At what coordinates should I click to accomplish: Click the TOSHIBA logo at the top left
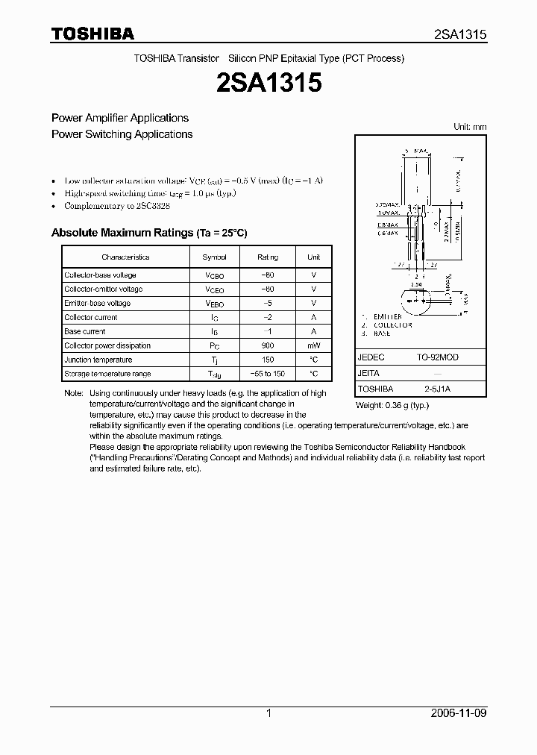point(92,34)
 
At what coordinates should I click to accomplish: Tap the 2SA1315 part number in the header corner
point(460,34)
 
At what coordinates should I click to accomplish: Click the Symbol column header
point(214,257)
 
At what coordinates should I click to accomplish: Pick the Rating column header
point(268,257)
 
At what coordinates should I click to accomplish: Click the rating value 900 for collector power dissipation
point(268,345)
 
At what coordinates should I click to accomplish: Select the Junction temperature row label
point(98,360)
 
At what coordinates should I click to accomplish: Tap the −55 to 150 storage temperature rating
point(268,374)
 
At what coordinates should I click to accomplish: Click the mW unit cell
point(314,345)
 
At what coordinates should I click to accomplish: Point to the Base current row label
point(85,331)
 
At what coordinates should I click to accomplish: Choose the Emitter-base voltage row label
point(98,303)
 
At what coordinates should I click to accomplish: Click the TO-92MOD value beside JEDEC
point(437,357)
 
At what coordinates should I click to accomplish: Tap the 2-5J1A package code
point(437,389)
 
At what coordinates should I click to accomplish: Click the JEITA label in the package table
point(368,373)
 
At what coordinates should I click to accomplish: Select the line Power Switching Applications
point(122,134)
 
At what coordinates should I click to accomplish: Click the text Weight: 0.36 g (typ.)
point(392,405)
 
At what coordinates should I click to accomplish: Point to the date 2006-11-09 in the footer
point(459,713)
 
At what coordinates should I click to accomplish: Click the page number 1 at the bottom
point(268,713)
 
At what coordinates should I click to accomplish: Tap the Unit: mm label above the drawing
point(470,127)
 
